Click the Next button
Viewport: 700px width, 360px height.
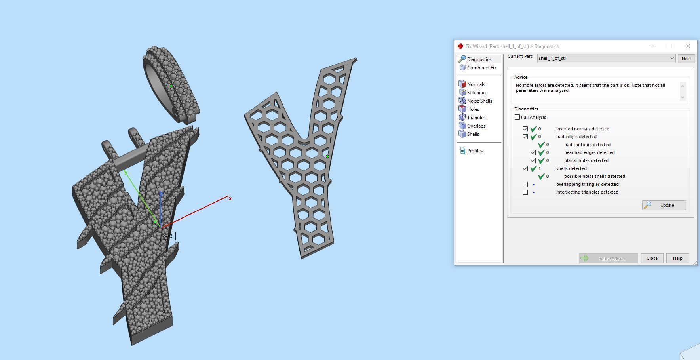click(x=686, y=59)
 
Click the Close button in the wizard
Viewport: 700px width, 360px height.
click(x=652, y=258)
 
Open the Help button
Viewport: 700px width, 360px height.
click(x=677, y=258)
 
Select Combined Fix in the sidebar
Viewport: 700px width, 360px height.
click(x=481, y=68)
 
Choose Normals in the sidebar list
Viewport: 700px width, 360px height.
click(x=476, y=84)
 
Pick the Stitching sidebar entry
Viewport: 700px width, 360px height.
click(x=476, y=93)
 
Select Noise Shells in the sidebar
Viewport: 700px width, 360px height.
click(x=479, y=101)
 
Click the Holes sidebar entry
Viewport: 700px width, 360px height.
click(x=473, y=109)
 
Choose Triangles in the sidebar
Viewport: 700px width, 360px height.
click(x=476, y=118)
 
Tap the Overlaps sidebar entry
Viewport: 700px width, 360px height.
click(x=476, y=126)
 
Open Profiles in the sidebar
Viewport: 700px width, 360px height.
click(x=474, y=151)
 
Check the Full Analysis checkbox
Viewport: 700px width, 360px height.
click(x=517, y=117)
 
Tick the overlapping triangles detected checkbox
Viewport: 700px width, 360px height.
click(x=525, y=185)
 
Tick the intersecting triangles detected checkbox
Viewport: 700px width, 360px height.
click(x=525, y=192)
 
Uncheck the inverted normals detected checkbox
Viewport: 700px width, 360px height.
click(x=525, y=129)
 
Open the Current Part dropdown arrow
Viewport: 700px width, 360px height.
click(x=672, y=59)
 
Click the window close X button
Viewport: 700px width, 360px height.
click(x=688, y=46)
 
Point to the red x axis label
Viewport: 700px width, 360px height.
click(x=230, y=198)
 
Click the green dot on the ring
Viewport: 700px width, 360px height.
click(x=171, y=86)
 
